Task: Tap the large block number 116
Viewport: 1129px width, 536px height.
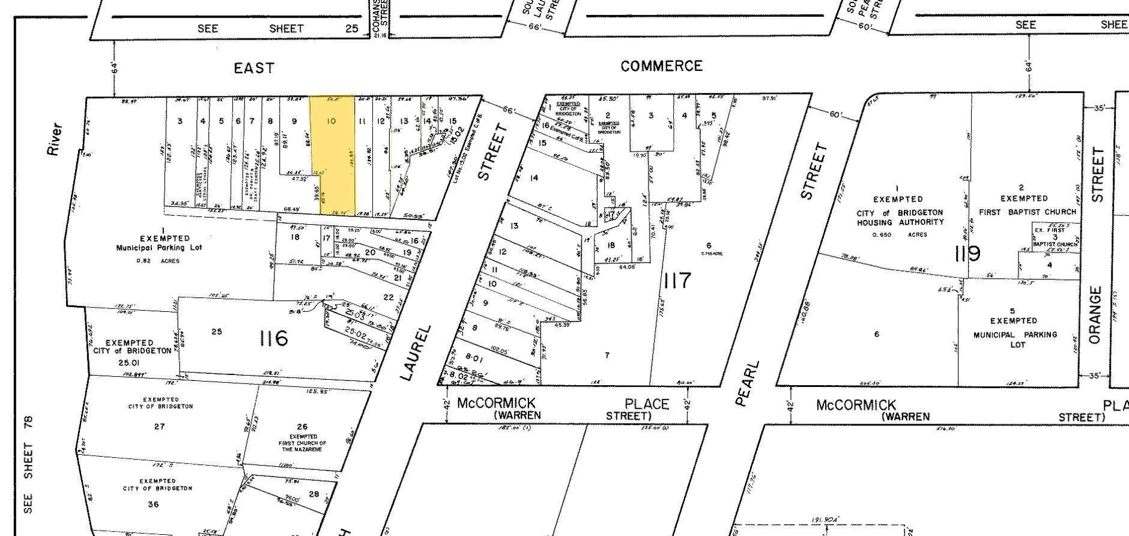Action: (273, 339)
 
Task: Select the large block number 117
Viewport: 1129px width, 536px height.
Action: (677, 280)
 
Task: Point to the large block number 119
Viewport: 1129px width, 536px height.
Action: (967, 254)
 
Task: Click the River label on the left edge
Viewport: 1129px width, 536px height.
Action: (55, 139)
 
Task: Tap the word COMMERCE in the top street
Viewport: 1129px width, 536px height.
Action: (661, 65)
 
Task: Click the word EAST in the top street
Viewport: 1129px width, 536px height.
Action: (254, 68)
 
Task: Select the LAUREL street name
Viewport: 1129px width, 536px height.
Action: (416, 353)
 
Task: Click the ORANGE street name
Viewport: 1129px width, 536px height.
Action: (1095, 315)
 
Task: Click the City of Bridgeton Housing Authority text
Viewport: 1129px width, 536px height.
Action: (899, 218)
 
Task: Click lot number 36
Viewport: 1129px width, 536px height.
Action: (153, 504)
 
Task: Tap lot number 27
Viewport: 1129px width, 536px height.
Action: (159, 426)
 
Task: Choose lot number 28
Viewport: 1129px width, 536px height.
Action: (314, 494)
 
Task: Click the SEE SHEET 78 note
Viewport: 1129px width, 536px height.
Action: (28, 464)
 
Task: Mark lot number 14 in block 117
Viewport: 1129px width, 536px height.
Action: (534, 177)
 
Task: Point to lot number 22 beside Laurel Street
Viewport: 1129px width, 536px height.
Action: (388, 297)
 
